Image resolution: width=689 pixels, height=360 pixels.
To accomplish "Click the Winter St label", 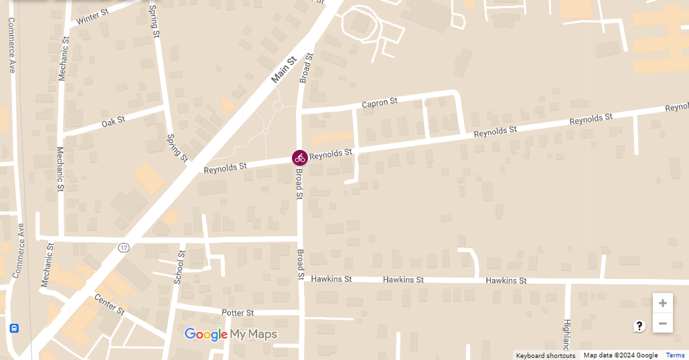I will [92, 17].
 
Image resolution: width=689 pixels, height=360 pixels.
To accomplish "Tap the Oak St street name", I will [113, 122].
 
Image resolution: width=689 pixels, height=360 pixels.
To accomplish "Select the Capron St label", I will [380, 102].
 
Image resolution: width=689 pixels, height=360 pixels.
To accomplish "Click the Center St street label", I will [109, 304].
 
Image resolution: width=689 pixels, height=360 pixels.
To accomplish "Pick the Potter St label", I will [238, 312].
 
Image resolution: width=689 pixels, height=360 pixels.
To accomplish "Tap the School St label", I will [179, 268].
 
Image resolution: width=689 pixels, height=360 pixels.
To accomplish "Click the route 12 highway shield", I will [123, 248].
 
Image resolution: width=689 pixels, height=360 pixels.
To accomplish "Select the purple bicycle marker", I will [299, 158].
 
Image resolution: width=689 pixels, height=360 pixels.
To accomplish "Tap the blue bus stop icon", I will [14, 329].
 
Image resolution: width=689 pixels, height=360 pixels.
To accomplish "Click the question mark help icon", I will [639, 326].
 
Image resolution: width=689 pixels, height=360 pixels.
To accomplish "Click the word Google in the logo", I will [206, 335].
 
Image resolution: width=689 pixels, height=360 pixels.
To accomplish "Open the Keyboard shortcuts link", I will [545, 355].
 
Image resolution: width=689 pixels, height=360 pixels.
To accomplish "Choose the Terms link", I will [675, 355].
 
